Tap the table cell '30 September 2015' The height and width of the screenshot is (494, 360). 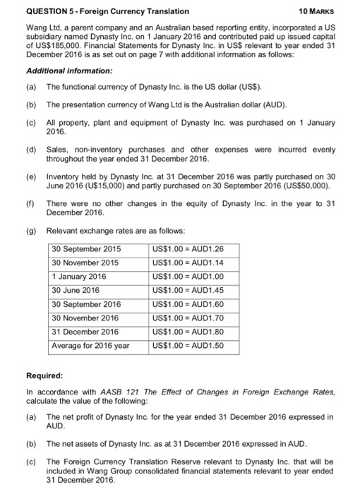87,249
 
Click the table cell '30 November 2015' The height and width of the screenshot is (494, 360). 85,263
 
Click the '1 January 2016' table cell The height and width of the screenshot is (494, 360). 79,277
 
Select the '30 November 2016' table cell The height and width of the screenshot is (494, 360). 85,318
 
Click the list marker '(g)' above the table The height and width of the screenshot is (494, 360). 30,231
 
